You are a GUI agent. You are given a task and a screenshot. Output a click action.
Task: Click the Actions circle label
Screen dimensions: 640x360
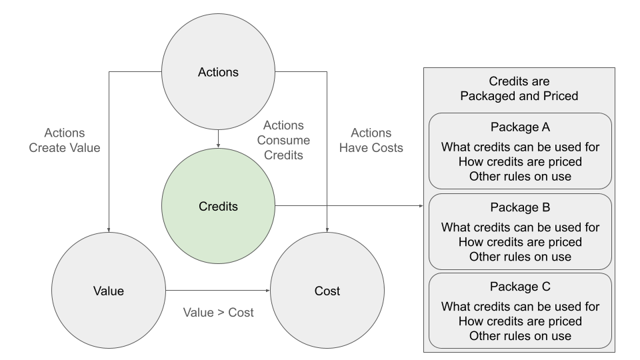pyautogui.click(x=218, y=72)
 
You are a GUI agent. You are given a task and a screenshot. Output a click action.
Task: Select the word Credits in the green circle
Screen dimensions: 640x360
pyautogui.click(x=218, y=207)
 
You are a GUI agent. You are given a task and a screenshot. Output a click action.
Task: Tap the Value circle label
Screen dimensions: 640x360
pyautogui.click(x=108, y=291)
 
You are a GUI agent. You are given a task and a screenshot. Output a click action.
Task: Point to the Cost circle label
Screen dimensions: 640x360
pyautogui.click(x=327, y=291)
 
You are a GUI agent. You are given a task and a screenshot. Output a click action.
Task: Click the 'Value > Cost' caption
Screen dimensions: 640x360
pyautogui.click(x=219, y=313)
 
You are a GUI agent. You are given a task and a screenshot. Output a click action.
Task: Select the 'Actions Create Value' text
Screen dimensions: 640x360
pyautogui.click(x=65, y=141)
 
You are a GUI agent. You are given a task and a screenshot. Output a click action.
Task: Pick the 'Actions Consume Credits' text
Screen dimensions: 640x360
pyautogui.click(x=283, y=141)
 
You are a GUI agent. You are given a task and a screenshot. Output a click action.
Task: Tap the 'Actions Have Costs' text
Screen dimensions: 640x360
pyautogui.click(x=371, y=141)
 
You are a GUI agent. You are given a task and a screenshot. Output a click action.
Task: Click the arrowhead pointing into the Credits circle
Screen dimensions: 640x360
pyautogui.click(x=219, y=145)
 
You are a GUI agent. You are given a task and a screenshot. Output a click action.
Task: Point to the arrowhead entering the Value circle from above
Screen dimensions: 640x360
pyautogui.click(x=109, y=230)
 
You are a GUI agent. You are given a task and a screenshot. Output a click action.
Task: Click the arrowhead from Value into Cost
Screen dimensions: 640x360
pyautogui.click(x=268, y=291)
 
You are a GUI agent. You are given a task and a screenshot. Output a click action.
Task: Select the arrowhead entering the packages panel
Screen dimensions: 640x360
pyautogui.click(x=421, y=206)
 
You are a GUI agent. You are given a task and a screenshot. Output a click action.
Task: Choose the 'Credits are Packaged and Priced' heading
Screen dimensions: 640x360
pyautogui.click(x=519, y=89)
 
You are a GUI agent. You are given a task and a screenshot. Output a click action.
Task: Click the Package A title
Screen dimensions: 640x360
pyautogui.click(x=520, y=127)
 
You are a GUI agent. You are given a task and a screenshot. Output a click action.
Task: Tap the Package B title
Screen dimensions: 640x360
pyautogui.click(x=520, y=208)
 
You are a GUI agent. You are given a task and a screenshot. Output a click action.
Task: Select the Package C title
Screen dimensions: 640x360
pyautogui.click(x=520, y=287)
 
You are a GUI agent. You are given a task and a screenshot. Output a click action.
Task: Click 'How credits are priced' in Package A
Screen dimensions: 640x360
pyautogui.click(x=520, y=162)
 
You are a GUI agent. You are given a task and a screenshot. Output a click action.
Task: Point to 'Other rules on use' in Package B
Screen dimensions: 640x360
pyautogui.click(x=520, y=257)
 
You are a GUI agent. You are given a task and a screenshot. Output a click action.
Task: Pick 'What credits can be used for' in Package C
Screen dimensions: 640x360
pyautogui.click(x=520, y=307)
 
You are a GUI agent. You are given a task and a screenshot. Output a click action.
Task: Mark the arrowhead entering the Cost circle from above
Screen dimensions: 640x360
pyautogui.click(x=327, y=230)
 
